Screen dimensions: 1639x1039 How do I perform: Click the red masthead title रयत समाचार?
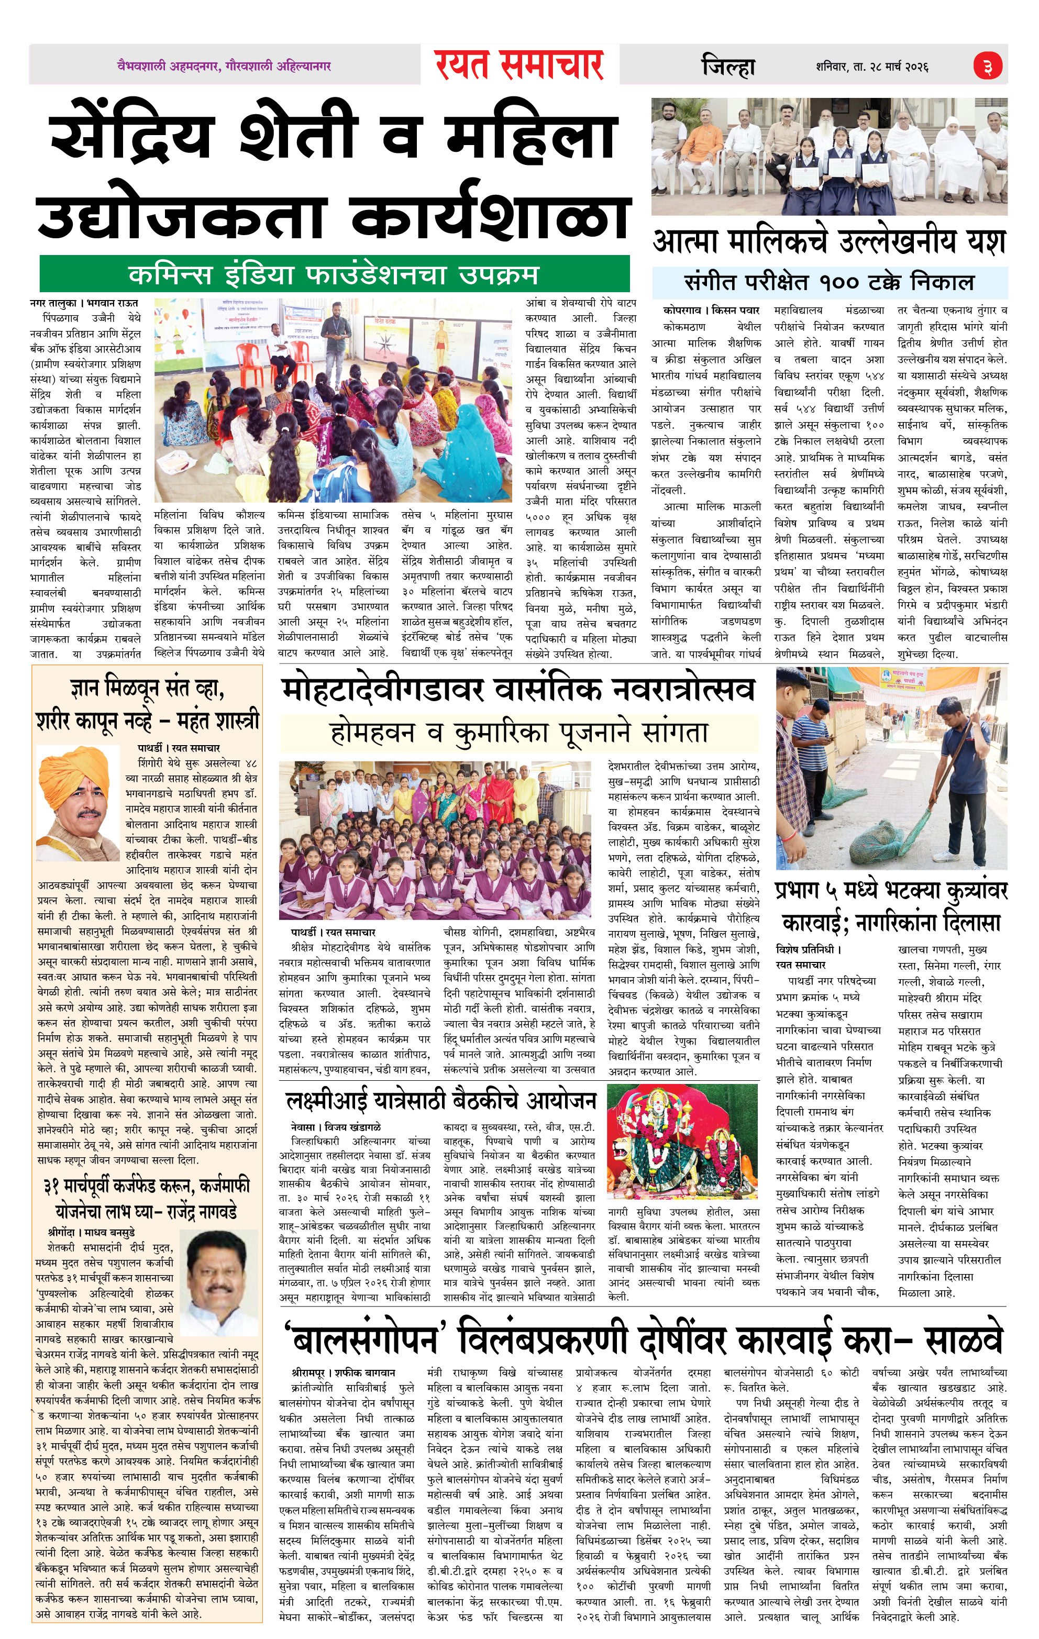click(x=519, y=65)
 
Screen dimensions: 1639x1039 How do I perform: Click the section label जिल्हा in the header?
click(x=728, y=67)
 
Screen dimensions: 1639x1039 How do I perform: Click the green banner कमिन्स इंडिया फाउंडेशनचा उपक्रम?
click(x=334, y=275)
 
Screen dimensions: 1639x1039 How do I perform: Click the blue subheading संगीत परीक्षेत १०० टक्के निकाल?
click(x=828, y=282)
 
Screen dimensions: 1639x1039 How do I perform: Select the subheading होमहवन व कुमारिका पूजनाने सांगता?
click(x=519, y=733)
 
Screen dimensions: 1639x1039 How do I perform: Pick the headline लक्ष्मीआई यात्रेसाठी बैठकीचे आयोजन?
click(x=441, y=1101)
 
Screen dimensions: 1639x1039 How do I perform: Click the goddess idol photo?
click(x=681, y=1143)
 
